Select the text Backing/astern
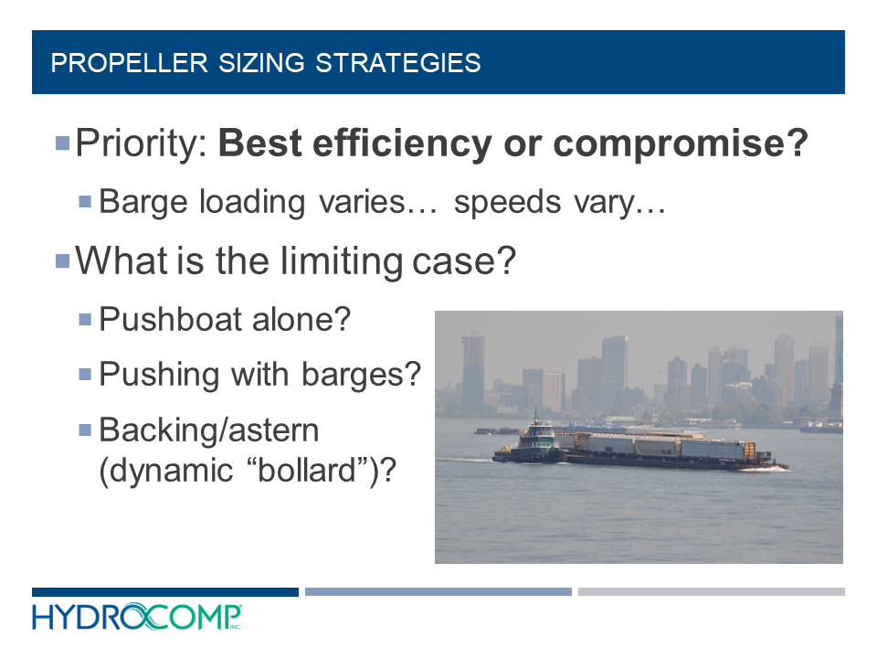209,429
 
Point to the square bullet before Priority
62,143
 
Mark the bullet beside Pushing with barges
85,374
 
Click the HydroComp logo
137,618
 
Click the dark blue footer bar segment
165,592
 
